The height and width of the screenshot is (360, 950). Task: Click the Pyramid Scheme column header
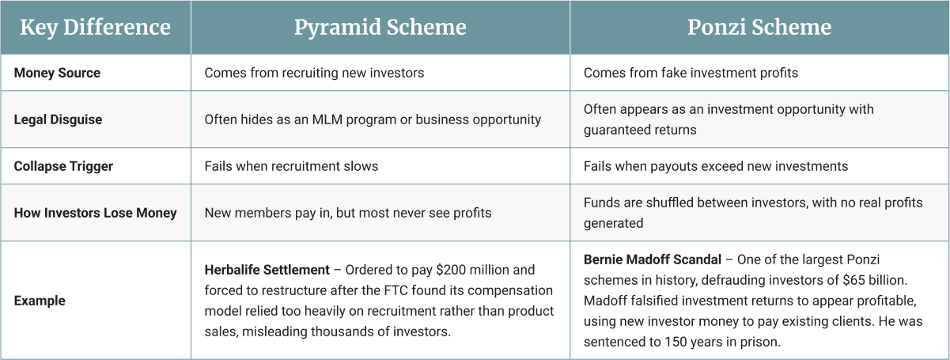point(380,28)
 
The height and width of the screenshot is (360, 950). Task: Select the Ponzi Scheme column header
point(759,28)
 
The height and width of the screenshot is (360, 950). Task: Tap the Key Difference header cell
point(95,28)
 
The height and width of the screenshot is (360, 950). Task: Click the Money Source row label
point(57,73)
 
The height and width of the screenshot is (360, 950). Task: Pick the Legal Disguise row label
point(58,119)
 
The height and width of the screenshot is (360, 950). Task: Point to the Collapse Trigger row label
point(63,166)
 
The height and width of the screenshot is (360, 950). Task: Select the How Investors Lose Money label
point(95,213)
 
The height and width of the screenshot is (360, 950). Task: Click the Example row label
point(40,301)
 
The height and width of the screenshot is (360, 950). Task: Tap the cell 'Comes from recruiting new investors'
point(314,73)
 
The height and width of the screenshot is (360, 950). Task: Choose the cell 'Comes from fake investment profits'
point(691,73)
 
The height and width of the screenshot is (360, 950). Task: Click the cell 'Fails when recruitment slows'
point(291,166)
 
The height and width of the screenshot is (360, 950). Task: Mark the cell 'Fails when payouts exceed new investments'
point(715,166)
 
